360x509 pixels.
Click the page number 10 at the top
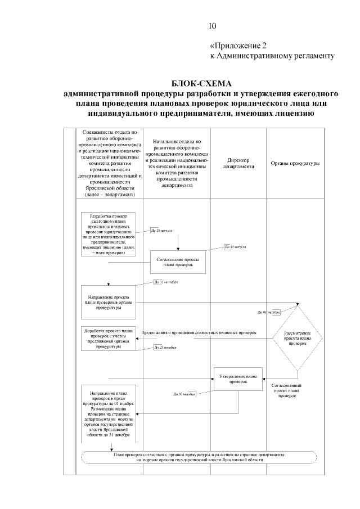click(212, 26)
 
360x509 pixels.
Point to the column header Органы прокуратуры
click(296, 164)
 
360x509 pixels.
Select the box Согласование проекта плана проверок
click(178, 261)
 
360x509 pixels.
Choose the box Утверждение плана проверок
click(238, 379)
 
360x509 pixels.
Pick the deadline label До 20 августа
click(161, 230)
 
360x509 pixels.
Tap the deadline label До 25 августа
click(235, 247)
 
